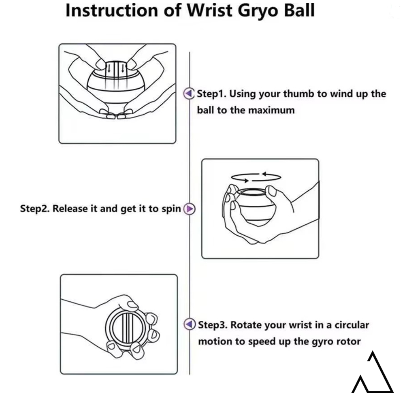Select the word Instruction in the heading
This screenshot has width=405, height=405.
click(112, 11)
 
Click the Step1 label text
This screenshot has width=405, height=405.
click(211, 94)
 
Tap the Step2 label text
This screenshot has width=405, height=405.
click(35, 209)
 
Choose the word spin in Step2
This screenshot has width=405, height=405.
click(171, 209)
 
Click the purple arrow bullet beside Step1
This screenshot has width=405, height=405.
click(189, 93)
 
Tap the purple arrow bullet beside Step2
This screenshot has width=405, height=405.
click(189, 209)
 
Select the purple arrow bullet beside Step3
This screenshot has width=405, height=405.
click(189, 324)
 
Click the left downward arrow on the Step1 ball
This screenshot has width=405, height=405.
click(109, 68)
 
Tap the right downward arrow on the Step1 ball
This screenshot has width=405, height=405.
click(123, 68)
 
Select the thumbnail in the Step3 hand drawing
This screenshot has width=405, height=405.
click(133, 305)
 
